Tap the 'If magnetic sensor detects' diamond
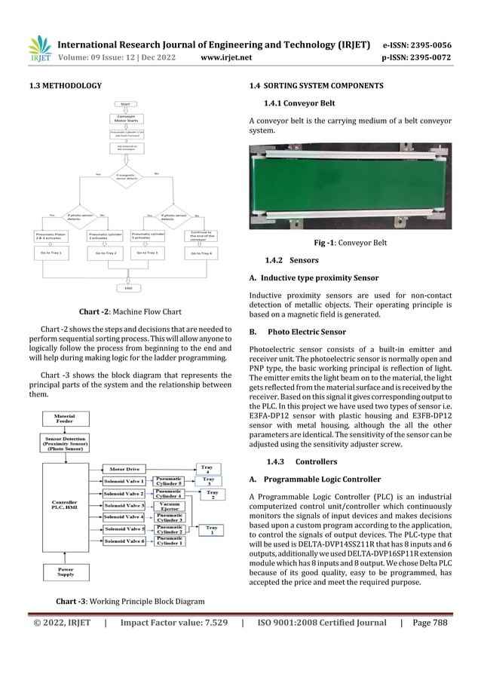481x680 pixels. [126, 176]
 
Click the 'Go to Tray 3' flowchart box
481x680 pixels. [147, 253]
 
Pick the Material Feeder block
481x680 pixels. [63, 418]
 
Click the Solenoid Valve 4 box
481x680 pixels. [124, 517]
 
